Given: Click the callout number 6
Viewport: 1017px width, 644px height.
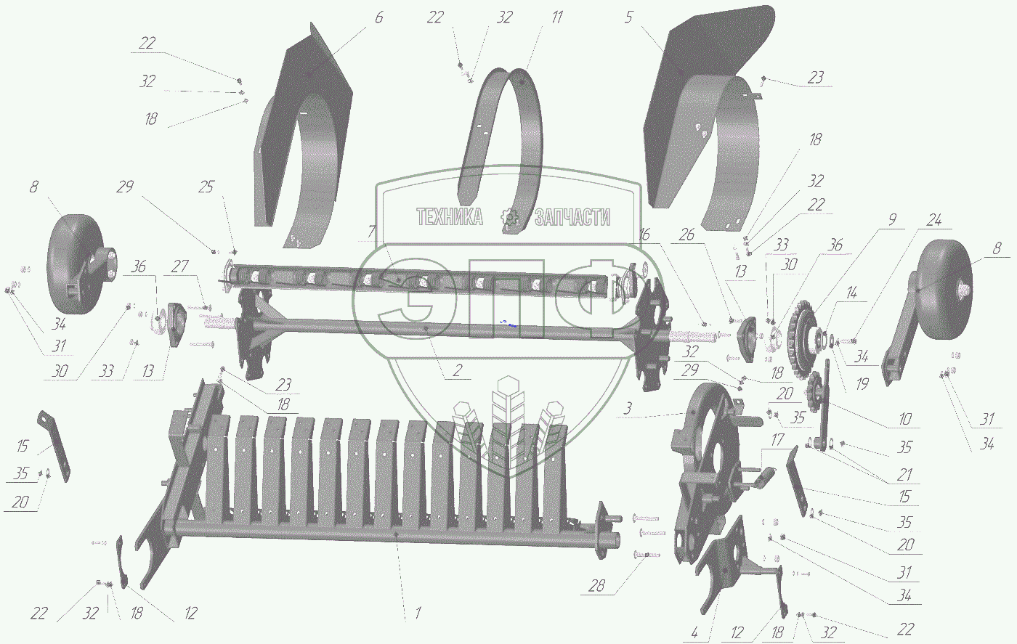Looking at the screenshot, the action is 378,17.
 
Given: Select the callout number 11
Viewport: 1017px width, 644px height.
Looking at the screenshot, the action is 557,17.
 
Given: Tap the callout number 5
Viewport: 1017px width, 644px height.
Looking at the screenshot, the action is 628,17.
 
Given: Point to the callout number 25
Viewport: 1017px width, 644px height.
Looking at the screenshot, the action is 206,187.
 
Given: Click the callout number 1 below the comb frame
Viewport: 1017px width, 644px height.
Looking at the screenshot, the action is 418,613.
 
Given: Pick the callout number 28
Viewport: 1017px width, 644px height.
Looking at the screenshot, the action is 596,586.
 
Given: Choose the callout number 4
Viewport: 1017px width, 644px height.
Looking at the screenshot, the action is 694,632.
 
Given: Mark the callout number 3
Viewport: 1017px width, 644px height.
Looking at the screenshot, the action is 628,409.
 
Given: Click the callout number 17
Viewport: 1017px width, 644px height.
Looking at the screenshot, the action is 777,439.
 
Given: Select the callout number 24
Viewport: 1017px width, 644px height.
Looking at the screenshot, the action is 934,220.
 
